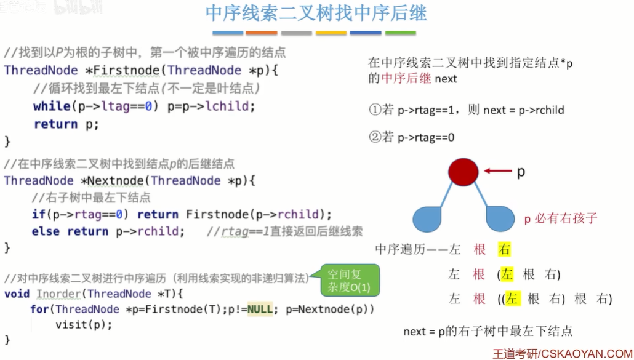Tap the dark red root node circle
[x=463, y=172]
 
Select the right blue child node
[x=500, y=219]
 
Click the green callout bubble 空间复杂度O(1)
[x=348, y=281]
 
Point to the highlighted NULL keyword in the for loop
[x=260, y=309]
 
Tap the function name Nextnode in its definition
[x=118, y=180]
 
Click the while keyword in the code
[x=52, y=106]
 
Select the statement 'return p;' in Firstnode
[x=66, y=124]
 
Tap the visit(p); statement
[x=84, y=324]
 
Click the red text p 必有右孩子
[x=560, y=218]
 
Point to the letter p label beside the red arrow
[x=521, y=172]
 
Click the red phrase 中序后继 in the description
[x=406, y=78]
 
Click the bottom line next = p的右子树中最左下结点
[x=488, y=331]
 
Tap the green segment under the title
[x=400, y=33]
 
